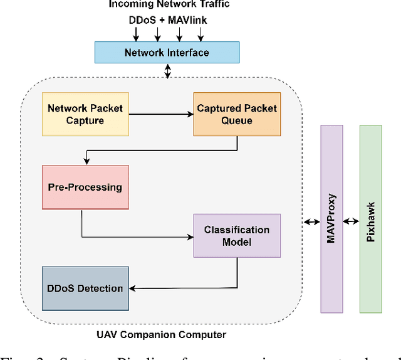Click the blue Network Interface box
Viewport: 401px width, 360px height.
[167, 53]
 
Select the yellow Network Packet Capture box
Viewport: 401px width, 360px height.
[85, 114]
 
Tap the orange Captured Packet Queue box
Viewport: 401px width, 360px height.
[237, 114]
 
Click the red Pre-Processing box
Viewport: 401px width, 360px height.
[85, 187]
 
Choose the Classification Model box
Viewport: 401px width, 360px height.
[237, 236]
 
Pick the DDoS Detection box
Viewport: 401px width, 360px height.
[85, 289]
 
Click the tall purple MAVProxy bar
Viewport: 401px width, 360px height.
[331, 218]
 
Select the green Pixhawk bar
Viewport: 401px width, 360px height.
[370, 218]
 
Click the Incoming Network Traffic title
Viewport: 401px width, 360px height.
[169, 4]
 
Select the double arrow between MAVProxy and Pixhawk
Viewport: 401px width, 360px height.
[351, 221]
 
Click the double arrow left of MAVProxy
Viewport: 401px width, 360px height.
[311, 221]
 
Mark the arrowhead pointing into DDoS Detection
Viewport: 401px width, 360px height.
[133, 289]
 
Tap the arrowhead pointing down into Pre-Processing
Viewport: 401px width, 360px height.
[85, 161]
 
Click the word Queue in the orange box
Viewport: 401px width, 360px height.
[237, 120]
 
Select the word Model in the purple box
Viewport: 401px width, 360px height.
[237, 242]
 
